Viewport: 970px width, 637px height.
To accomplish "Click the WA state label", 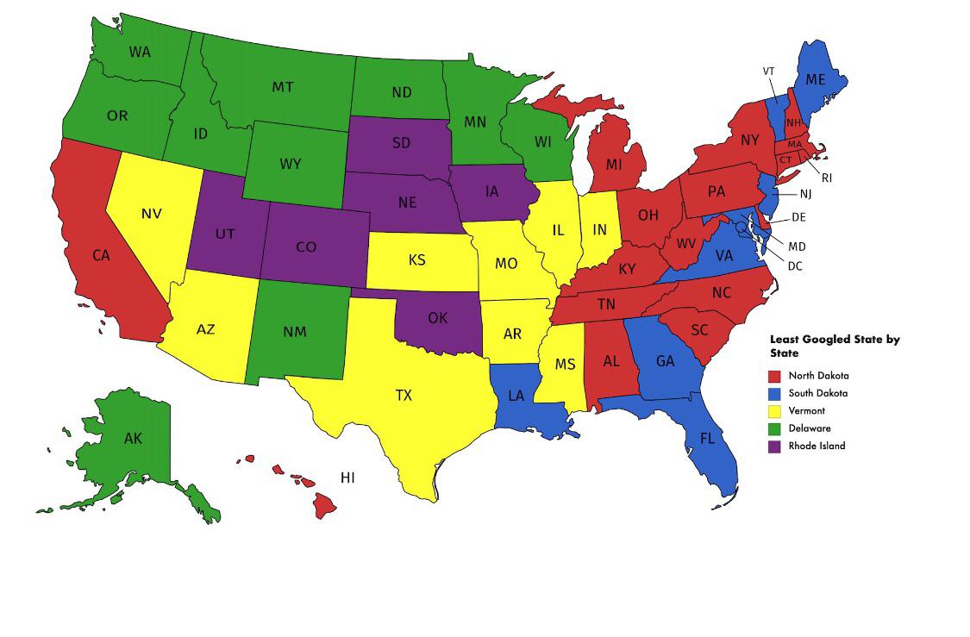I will click(x=140, y=52).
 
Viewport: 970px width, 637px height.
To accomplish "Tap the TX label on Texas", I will click(x=404, y=396).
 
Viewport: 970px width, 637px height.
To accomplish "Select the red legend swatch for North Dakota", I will click(x=775, y=376).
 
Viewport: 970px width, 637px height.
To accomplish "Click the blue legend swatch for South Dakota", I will click(x=775, y=393).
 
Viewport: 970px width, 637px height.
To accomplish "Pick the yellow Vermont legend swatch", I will click(x=775, y=411).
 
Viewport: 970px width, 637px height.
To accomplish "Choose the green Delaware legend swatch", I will click(x=775, y=428).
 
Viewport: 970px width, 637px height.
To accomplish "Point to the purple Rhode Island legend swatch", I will click(x=775, y=447).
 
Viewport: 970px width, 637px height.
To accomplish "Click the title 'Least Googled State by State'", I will click(x=834, y=346).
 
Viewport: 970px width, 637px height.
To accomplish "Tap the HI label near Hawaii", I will click(x=347, y=478).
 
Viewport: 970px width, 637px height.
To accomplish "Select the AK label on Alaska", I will click(x=133, y=439).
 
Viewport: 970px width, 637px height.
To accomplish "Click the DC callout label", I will click(x=795, y=266).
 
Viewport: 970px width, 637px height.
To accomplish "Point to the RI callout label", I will click(x=827, y=178).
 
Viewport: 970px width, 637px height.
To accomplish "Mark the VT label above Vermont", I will click(x=768, y=71).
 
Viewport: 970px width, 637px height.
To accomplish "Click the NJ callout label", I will click(x=805, y=194).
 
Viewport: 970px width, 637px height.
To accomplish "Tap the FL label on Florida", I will click(x=707, y=438).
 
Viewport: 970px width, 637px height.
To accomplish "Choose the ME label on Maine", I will click(x=816, y=80).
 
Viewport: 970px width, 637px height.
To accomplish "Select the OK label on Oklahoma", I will click(x=437, y=318).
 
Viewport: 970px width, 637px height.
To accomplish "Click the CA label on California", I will click(x=101, y=255).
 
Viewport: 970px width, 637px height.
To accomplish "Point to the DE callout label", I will click(x=798, y=218).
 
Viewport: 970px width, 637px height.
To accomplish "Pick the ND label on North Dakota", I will click(x=401, y=92).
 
